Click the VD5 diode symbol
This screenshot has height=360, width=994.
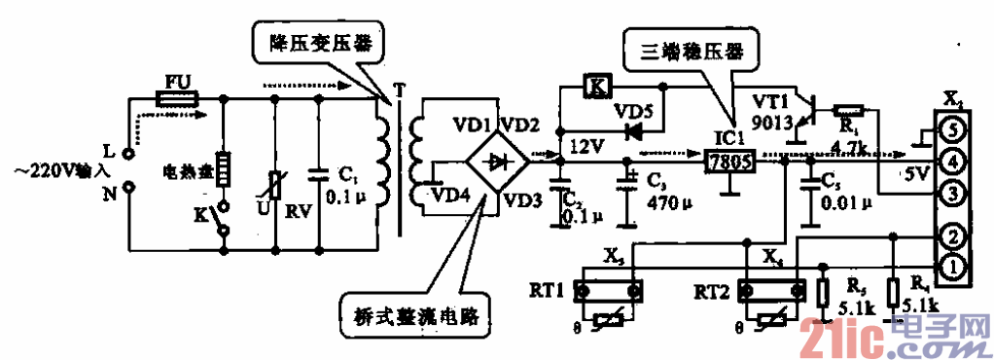[637, 128]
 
